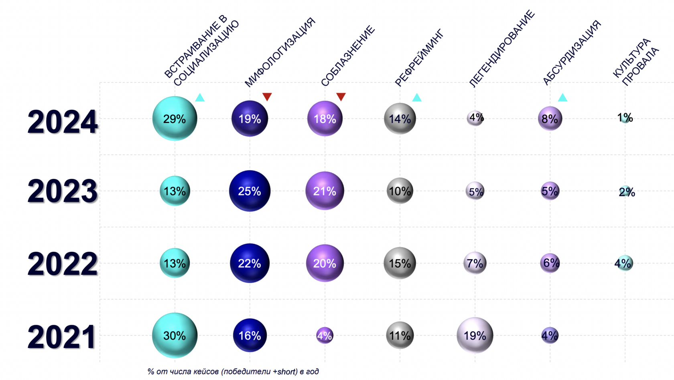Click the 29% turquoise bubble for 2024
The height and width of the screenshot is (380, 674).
tap(175, 119)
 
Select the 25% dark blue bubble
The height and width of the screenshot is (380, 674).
tap(250, 191)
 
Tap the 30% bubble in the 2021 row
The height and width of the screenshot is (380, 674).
tap(175, 335)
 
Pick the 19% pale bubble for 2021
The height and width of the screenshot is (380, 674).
tap(475, 335)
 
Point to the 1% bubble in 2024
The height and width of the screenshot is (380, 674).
tap(625, 118)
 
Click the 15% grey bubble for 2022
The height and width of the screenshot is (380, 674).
tap(400, 263)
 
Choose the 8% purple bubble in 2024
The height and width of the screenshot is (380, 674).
tap(550, 119)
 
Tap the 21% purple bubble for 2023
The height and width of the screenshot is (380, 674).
tap(325, 191)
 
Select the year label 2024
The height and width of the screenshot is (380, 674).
tap(62, 122)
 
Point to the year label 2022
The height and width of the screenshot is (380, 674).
tap(62, 264)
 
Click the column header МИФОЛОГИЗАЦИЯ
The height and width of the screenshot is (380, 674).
tap(280, 52)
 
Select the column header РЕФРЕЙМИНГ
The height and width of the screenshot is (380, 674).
tap(419, 58)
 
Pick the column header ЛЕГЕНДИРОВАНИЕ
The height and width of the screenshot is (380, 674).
tap(501, 49)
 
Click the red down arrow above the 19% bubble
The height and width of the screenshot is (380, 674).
tap(267, 97)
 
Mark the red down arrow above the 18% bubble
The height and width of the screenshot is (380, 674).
tap(341, 97)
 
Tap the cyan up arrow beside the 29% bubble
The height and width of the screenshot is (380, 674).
tap(200, 97)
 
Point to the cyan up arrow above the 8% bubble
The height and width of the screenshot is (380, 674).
tap(562, 97)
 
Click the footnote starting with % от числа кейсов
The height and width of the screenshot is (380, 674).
tap(233, 372)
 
